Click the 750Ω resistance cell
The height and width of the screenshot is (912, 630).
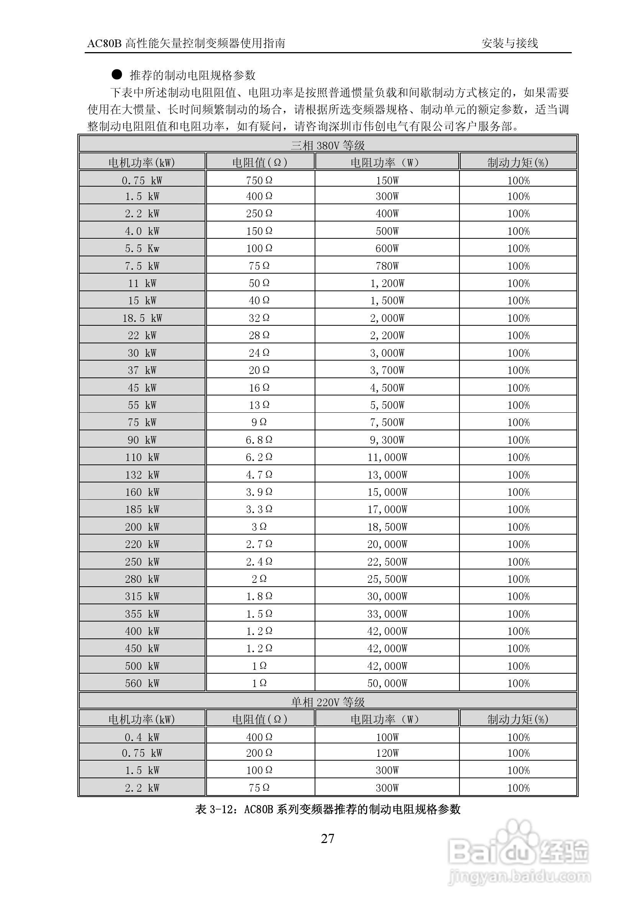tap(259, 180)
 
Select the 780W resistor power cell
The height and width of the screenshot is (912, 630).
tap(387, 266)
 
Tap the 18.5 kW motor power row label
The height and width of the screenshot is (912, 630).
tap(142, 318)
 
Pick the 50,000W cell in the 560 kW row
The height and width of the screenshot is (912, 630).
tap(387, 683)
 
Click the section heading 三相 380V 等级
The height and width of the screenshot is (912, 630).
tap(328, 146)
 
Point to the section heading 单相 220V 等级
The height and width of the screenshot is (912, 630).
tap(328, 702)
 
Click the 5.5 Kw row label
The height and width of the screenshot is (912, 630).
tap(142, 249)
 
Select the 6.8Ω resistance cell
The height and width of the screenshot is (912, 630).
tap(259, 440)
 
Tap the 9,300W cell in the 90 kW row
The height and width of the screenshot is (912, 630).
tap(387, 440)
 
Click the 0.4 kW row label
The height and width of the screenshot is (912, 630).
tap(142, 737)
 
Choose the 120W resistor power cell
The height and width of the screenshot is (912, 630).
tap(387, 753)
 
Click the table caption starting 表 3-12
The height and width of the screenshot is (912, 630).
tap(328, 809)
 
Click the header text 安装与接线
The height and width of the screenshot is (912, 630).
tap(510, 43)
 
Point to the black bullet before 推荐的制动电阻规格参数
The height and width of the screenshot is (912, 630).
tap(117, 74)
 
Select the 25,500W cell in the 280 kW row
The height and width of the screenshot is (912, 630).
tap(387, 579)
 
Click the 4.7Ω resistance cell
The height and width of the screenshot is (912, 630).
tap(259, 474)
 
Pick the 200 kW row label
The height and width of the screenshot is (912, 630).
tap(142, 527)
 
